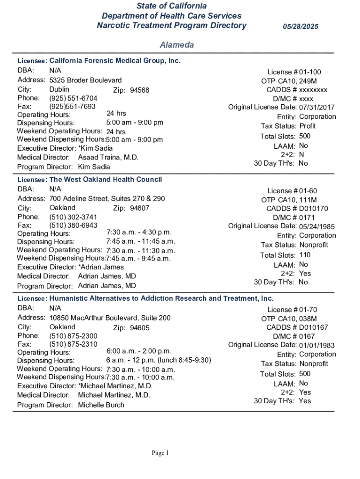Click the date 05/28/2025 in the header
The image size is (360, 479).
pos(300,27)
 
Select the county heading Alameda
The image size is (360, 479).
pos(177,45)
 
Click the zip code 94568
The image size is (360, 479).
pos(139,90)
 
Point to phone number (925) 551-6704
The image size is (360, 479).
pos(73,98)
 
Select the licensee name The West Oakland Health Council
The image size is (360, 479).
pos(106,180)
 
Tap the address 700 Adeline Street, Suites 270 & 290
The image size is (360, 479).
pos(107,198)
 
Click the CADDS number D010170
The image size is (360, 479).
pos(314,209)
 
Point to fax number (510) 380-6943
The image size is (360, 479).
pos(73,225)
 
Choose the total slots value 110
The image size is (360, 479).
pos(305,255)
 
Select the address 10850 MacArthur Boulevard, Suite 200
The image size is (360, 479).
pos(110,318)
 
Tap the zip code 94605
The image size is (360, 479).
pos(139,327)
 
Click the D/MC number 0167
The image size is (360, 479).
pos(307,336)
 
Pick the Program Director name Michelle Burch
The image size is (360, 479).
pos(101,405)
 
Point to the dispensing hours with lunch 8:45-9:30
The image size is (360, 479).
pos(159,360)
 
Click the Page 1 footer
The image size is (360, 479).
pos(160,453)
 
